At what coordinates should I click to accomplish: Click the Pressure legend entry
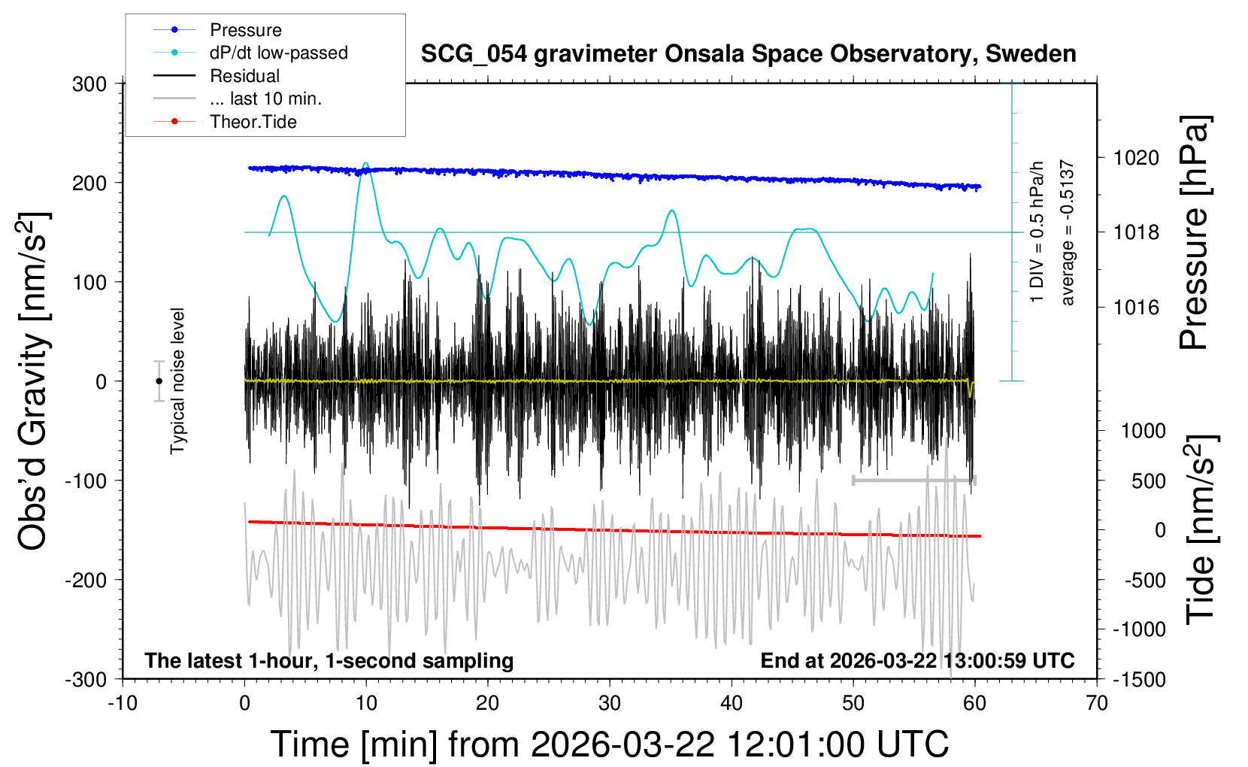coord(245,30)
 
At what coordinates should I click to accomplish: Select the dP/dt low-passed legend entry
coord(278,53)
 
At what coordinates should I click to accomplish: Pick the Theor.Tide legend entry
coord(253,122)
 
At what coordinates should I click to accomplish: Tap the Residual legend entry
coord(244,76)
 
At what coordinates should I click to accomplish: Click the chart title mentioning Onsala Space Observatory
coord(748,54)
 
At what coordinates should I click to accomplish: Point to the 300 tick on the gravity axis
coord(89,84)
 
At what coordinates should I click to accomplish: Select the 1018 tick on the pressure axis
coord(1136,232)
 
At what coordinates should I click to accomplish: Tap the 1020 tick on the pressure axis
coord(1136,158)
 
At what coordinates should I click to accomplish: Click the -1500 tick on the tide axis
coord(1137,680)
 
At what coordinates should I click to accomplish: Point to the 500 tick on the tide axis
coord(1148,481)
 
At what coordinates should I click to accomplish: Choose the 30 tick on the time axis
coord(610,704)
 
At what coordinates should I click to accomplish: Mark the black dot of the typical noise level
coord(159,381)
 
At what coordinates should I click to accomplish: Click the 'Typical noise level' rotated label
coord(177,381)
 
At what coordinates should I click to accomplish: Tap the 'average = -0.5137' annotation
coord(1068,233)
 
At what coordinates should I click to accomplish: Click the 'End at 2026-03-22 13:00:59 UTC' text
coord(917,661)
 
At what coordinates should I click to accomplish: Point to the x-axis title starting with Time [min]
coord(610,744)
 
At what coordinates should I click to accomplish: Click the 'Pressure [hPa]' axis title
coord(1194,233)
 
